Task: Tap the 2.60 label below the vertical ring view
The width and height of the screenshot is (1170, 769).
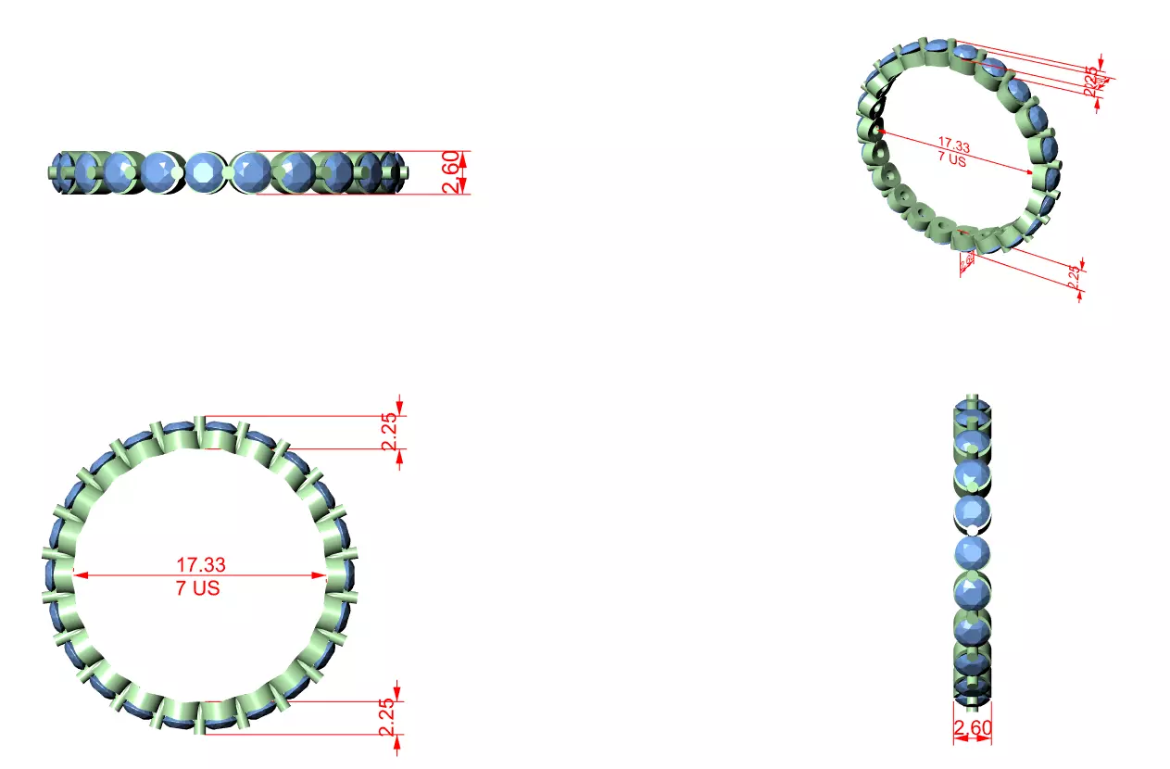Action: [x=972, y=729]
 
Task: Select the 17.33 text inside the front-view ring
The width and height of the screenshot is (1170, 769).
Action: [x=200, y=563]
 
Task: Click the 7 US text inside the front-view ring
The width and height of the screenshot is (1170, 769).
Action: [x=198, y=588]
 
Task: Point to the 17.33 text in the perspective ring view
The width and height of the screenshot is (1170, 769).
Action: [x=954, y=145]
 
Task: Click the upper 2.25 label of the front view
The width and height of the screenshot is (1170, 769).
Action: [x=389, y=430]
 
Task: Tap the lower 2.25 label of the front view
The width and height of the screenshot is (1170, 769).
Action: [x=386, y=717]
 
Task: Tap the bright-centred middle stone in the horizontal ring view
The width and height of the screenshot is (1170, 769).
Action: [x=203, y=172]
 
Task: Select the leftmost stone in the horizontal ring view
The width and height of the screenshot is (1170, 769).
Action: [x=62, y=172]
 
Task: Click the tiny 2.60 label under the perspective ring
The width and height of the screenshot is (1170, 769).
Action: [x=967, y=262]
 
